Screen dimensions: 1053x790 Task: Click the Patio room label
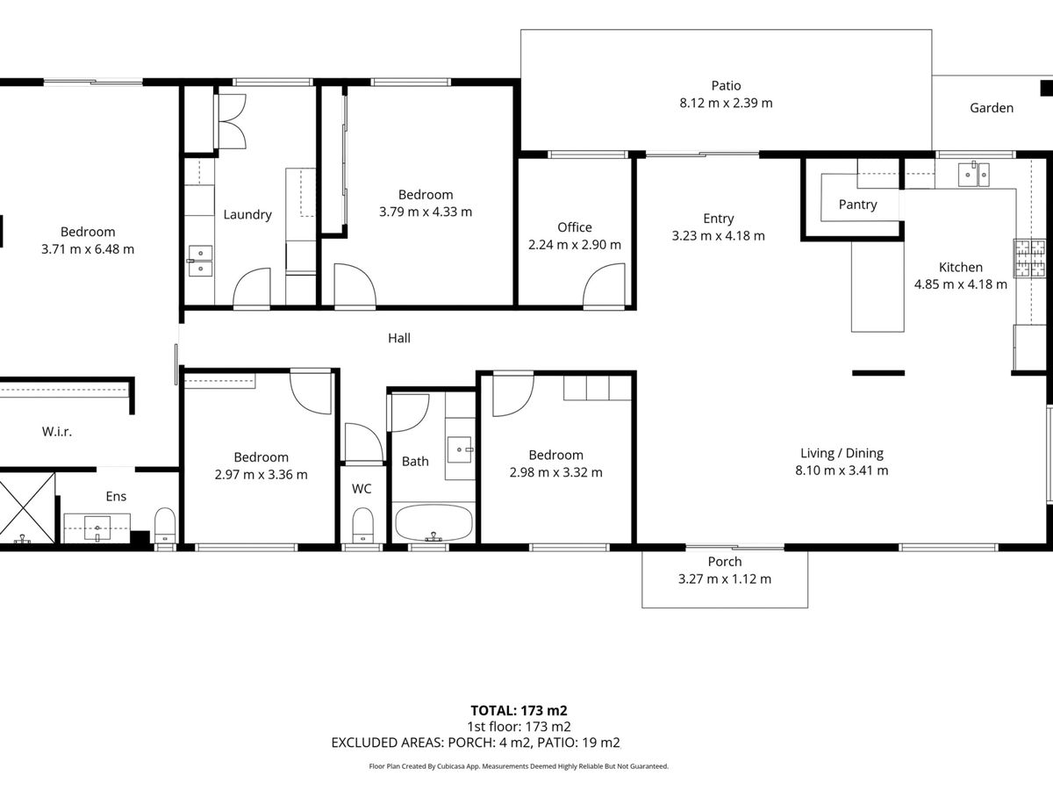[726, 86]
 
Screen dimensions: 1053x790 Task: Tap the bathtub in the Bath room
[433, 523]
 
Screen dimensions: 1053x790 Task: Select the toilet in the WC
[362, 526]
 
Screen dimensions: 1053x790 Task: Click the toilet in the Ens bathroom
[165, 526]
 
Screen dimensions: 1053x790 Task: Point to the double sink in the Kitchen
[973, 175]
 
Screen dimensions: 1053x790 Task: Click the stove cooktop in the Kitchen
[1029, 259]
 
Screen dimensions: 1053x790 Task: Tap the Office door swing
[604, 284]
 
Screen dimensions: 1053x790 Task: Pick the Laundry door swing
[252, 287]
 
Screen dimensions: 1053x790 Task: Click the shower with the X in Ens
[26, 507]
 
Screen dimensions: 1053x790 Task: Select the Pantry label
[857, 205]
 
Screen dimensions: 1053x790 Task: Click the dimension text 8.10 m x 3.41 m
[842, 470]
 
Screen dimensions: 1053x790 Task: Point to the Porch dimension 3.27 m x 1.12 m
[725, 579]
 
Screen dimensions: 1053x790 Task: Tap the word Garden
[992, 108]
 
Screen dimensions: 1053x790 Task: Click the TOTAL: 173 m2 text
[519, 710]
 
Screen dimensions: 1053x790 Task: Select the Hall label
[399, 338]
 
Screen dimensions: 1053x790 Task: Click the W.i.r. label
[57, 432]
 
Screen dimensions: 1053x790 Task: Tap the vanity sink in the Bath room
[460, 450]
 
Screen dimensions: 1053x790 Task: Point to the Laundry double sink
[200, 261]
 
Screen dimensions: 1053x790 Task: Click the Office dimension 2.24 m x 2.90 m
[575, 245]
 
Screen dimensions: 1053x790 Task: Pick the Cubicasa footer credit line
[519, 766]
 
